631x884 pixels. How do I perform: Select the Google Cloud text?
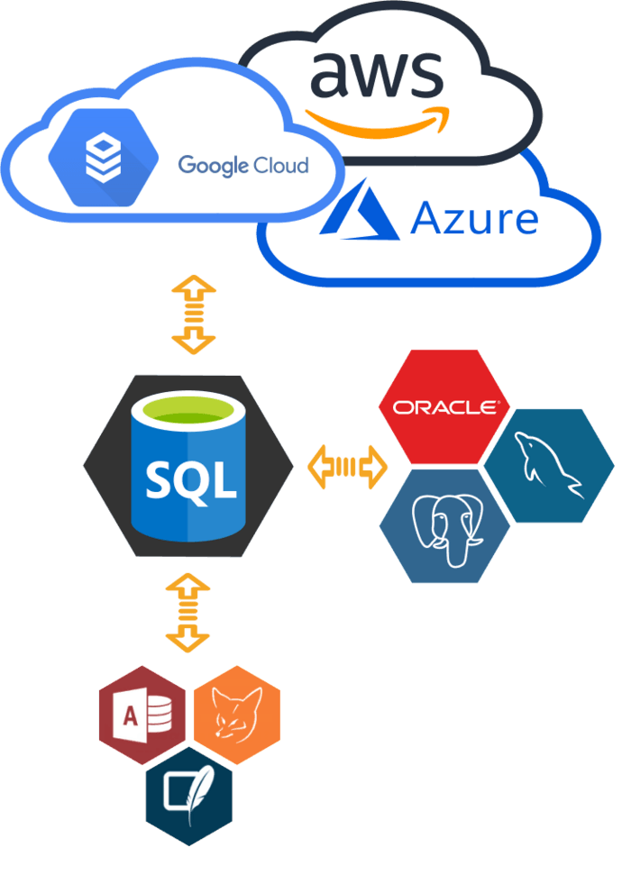click(x=242, y=165)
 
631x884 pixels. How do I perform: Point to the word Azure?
click(x=474, y=218)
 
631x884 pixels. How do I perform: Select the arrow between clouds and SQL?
click(x=194, y=313)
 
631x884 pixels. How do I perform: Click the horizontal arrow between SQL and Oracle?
click(x=347, y=466)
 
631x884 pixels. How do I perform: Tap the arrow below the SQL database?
click(x=187, y=614)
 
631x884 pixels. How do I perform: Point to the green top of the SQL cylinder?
click(x=188, y=415)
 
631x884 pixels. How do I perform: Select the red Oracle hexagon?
click(x=444, y=406)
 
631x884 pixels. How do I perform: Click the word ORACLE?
click(x=444, y=407)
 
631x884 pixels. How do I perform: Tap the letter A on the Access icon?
click(x=130, y=717)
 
